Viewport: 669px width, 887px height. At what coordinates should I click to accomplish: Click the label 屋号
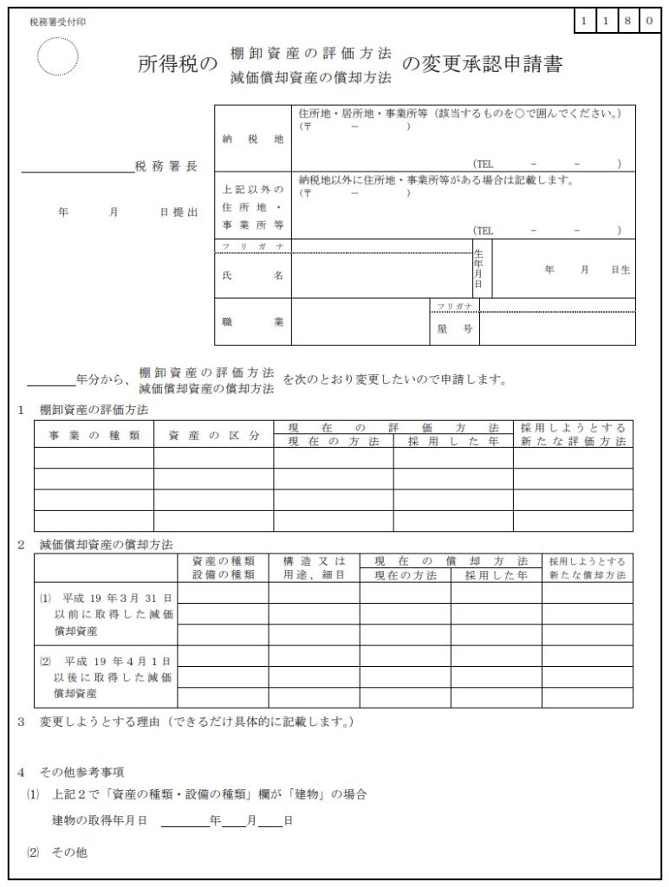pyautogui.click(x=449, y=329)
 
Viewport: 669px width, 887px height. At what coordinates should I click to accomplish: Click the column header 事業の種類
pyautogui.click(x=94, y=435)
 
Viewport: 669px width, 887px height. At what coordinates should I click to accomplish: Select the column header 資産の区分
pyautogui.click(x=213, y=435)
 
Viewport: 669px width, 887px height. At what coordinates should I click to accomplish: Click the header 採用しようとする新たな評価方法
pyautogui.click(x=572, y=435)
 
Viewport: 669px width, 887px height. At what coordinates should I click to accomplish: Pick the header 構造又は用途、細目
pyautogui.click(x=315, y=567)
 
